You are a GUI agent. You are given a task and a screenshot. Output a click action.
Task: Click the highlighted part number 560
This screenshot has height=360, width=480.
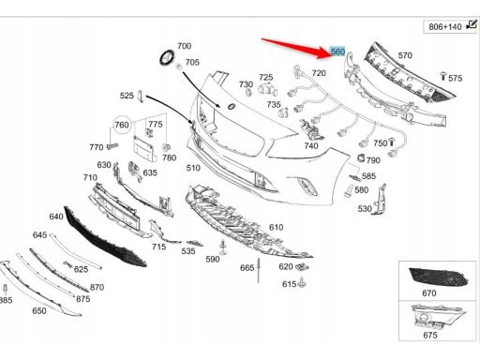point(337,52)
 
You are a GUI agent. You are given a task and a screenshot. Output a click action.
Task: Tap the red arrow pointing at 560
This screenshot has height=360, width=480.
point(296,48)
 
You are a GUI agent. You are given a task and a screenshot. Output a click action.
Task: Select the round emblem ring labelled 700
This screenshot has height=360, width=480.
point(168,57)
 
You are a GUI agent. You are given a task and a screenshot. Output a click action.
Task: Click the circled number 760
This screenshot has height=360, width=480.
point(122,125)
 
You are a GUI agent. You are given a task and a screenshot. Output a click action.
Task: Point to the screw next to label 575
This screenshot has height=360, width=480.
point(442,76)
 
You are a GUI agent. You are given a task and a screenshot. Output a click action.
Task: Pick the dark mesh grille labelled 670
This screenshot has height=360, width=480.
point(439,277)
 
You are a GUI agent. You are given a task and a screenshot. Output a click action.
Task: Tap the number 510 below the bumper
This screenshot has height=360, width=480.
point(193,168)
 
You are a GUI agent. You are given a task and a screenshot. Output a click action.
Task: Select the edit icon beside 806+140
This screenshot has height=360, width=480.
point(472,24)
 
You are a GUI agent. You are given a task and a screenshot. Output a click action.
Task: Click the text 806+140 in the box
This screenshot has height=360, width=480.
point(445,27)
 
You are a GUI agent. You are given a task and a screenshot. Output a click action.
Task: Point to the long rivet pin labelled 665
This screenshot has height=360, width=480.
point(259,270)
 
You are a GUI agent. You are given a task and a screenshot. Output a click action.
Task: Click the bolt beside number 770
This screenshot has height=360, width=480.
point(112,145)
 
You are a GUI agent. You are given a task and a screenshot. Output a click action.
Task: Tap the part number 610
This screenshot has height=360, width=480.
point(277,227)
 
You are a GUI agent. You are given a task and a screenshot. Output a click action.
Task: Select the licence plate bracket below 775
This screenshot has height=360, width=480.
point(144,149)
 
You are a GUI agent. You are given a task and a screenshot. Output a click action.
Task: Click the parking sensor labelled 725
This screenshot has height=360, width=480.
point(268,90)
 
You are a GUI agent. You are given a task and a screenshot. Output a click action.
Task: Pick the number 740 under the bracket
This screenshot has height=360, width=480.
point(311,145)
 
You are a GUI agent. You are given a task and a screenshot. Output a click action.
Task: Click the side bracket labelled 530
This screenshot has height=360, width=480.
point(380,200)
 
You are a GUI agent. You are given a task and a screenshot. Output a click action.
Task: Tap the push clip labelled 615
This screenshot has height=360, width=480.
point(302,282)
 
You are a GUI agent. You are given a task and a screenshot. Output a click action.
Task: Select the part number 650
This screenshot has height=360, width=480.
point(39,310)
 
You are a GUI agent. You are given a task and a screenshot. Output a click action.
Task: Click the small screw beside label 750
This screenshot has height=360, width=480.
point(392,142)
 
